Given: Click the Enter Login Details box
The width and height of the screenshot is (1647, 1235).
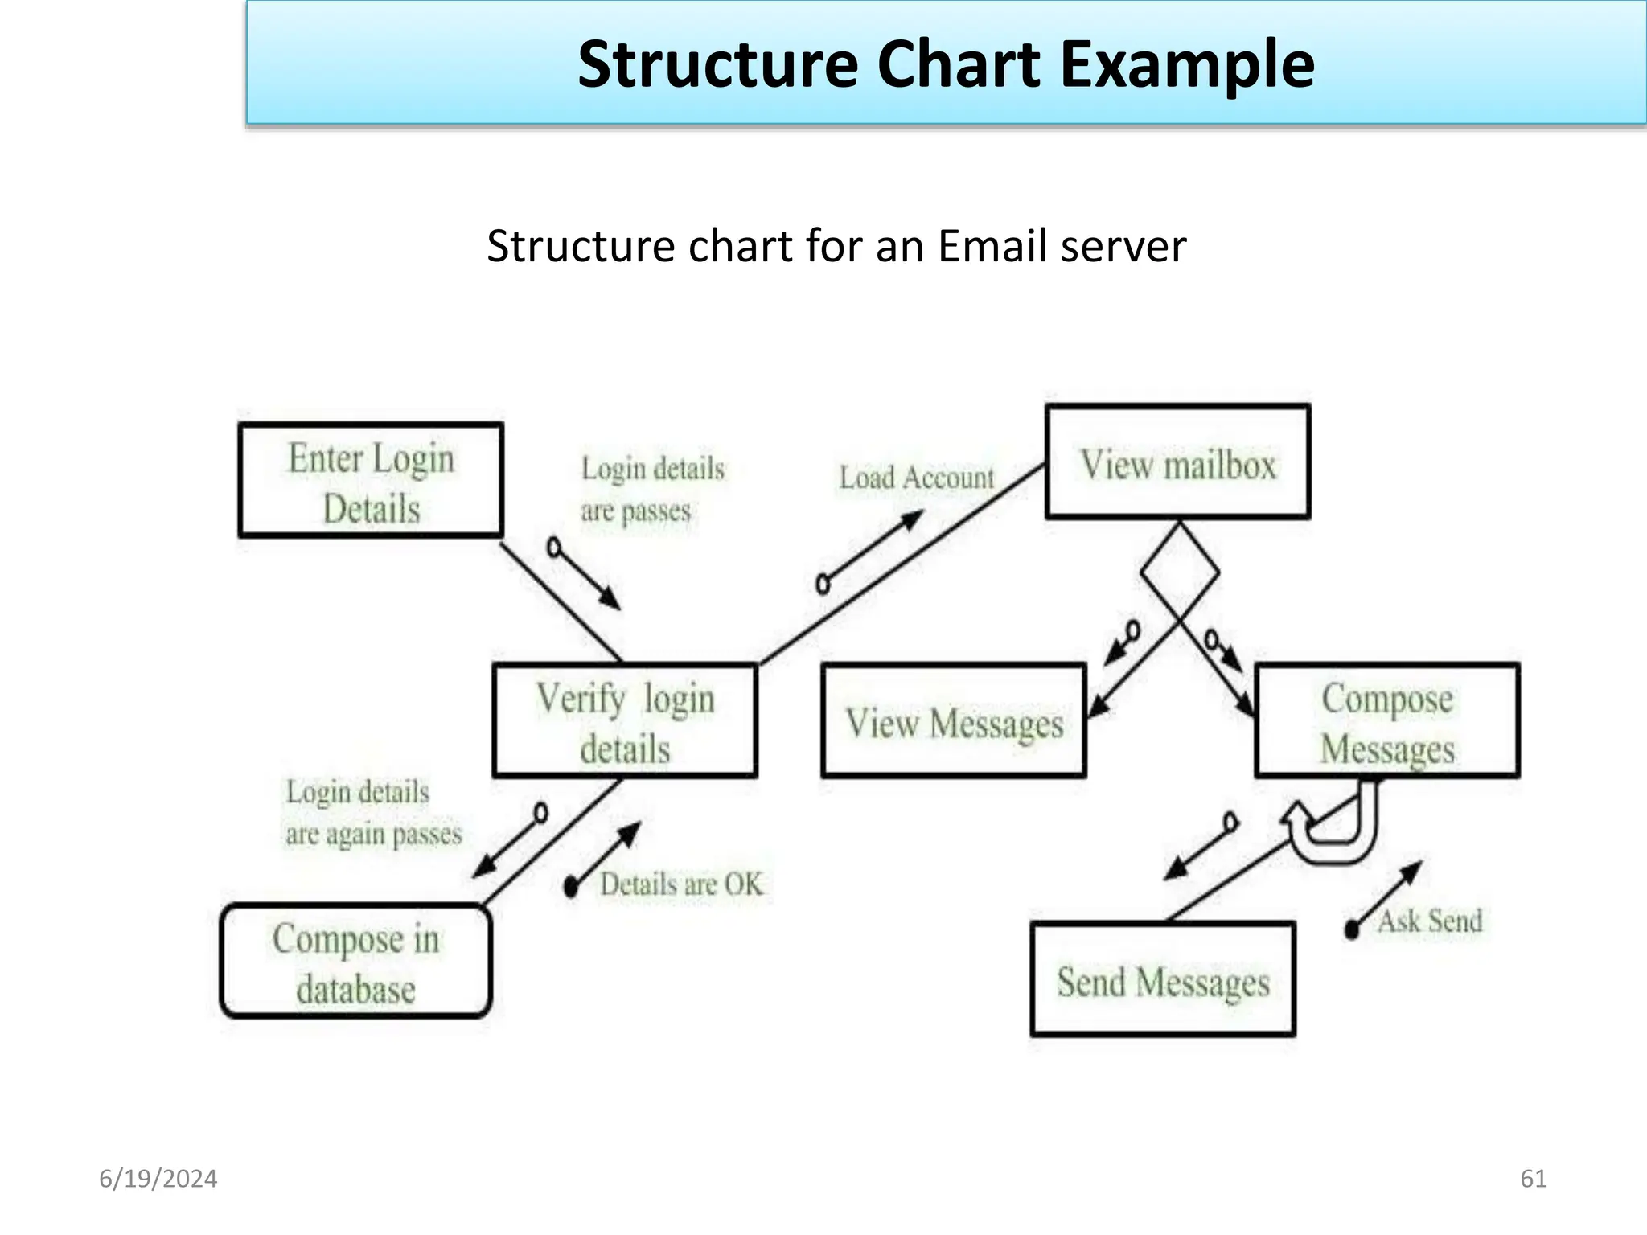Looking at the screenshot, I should pyautogui.click(x=371, y=480).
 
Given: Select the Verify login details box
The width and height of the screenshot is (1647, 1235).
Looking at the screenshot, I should pyautogui.click(x=625, y=720).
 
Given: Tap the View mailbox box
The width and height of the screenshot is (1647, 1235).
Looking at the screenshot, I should pyautogui.click(x=1177, y=462).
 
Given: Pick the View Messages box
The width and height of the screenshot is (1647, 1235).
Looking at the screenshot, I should pyautogui.click(x=954, y=721).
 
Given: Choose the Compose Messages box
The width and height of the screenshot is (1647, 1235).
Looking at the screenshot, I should pyautogui.click(x=1387, y=720).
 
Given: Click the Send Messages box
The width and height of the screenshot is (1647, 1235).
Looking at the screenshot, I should pyautogui.click(x=1163, y=979).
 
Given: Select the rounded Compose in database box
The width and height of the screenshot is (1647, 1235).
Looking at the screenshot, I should pyautogui.click(x=355, y=962).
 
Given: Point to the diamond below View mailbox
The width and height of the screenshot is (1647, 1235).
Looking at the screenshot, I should pyautogui.click(x=1180, y=572).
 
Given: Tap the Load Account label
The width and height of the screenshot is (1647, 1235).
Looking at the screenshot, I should pyautogui.click(x=917, y=478).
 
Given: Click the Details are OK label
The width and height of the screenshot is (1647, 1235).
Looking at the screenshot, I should pyautogui.click(x=681, y=884).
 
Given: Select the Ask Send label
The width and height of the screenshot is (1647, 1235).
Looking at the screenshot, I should pyautogui.click(x=1430, y=921).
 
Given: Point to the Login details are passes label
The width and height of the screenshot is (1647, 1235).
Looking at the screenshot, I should pyautogui.click(x=651, y=489).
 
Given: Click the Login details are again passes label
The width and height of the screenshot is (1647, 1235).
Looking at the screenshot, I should pyautogui.click(x=373, y=812).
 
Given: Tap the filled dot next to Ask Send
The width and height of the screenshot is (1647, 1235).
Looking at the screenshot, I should pyautogui.click(x=1352, y=930).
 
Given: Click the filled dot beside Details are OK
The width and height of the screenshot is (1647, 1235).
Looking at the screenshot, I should pyautogui.click(x=571, y=887).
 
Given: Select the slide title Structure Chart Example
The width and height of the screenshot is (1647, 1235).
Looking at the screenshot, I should pyautogui.click(x=946, y=64).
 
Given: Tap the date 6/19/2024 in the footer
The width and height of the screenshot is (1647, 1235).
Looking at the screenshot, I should pyautogui.click(x=158, y=1179).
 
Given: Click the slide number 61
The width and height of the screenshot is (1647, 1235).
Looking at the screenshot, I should pyautogui.click(x=1534, y=1179).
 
